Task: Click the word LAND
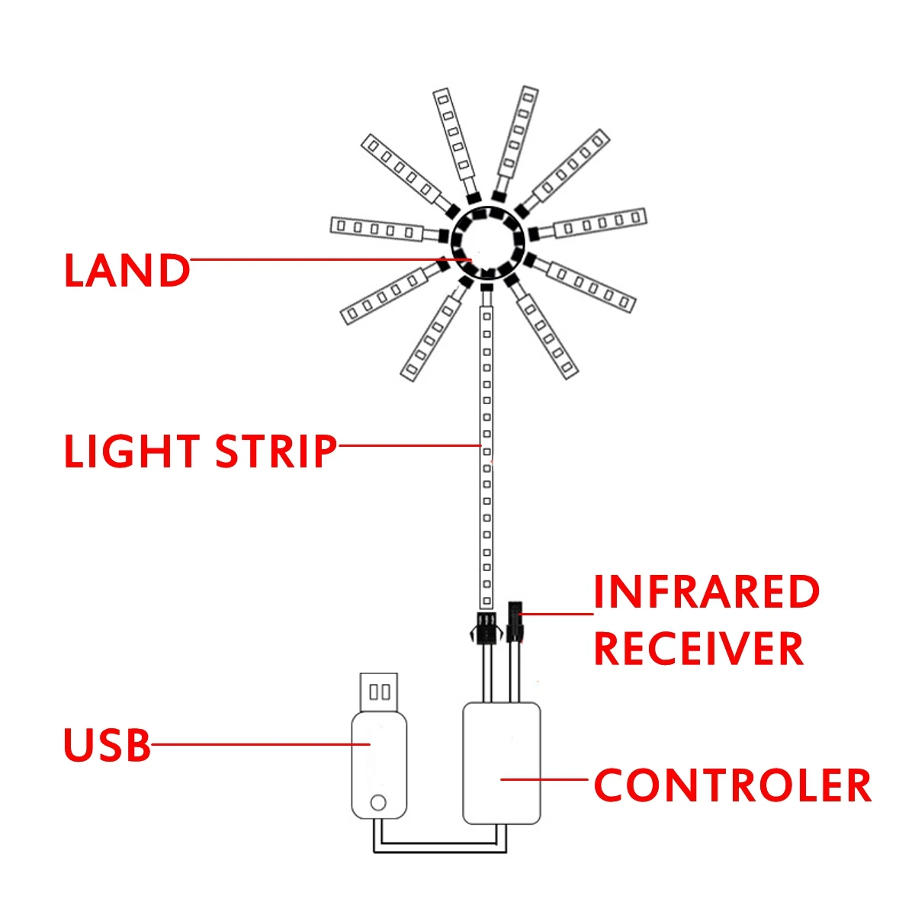click(127, 271)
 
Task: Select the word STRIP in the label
click(276, 451)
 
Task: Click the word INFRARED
click(706, 592)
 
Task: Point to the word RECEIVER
click(698, 649)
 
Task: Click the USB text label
click(107, 746)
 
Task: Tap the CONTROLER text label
click(732, 785)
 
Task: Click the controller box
click(502, 762)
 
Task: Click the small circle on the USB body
click(377, 802)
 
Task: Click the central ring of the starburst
click(486, 242)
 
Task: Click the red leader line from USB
click(259, 744)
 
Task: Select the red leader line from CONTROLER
click(545, 779)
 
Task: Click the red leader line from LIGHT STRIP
click(408, 445)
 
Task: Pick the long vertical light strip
click(486, 457)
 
